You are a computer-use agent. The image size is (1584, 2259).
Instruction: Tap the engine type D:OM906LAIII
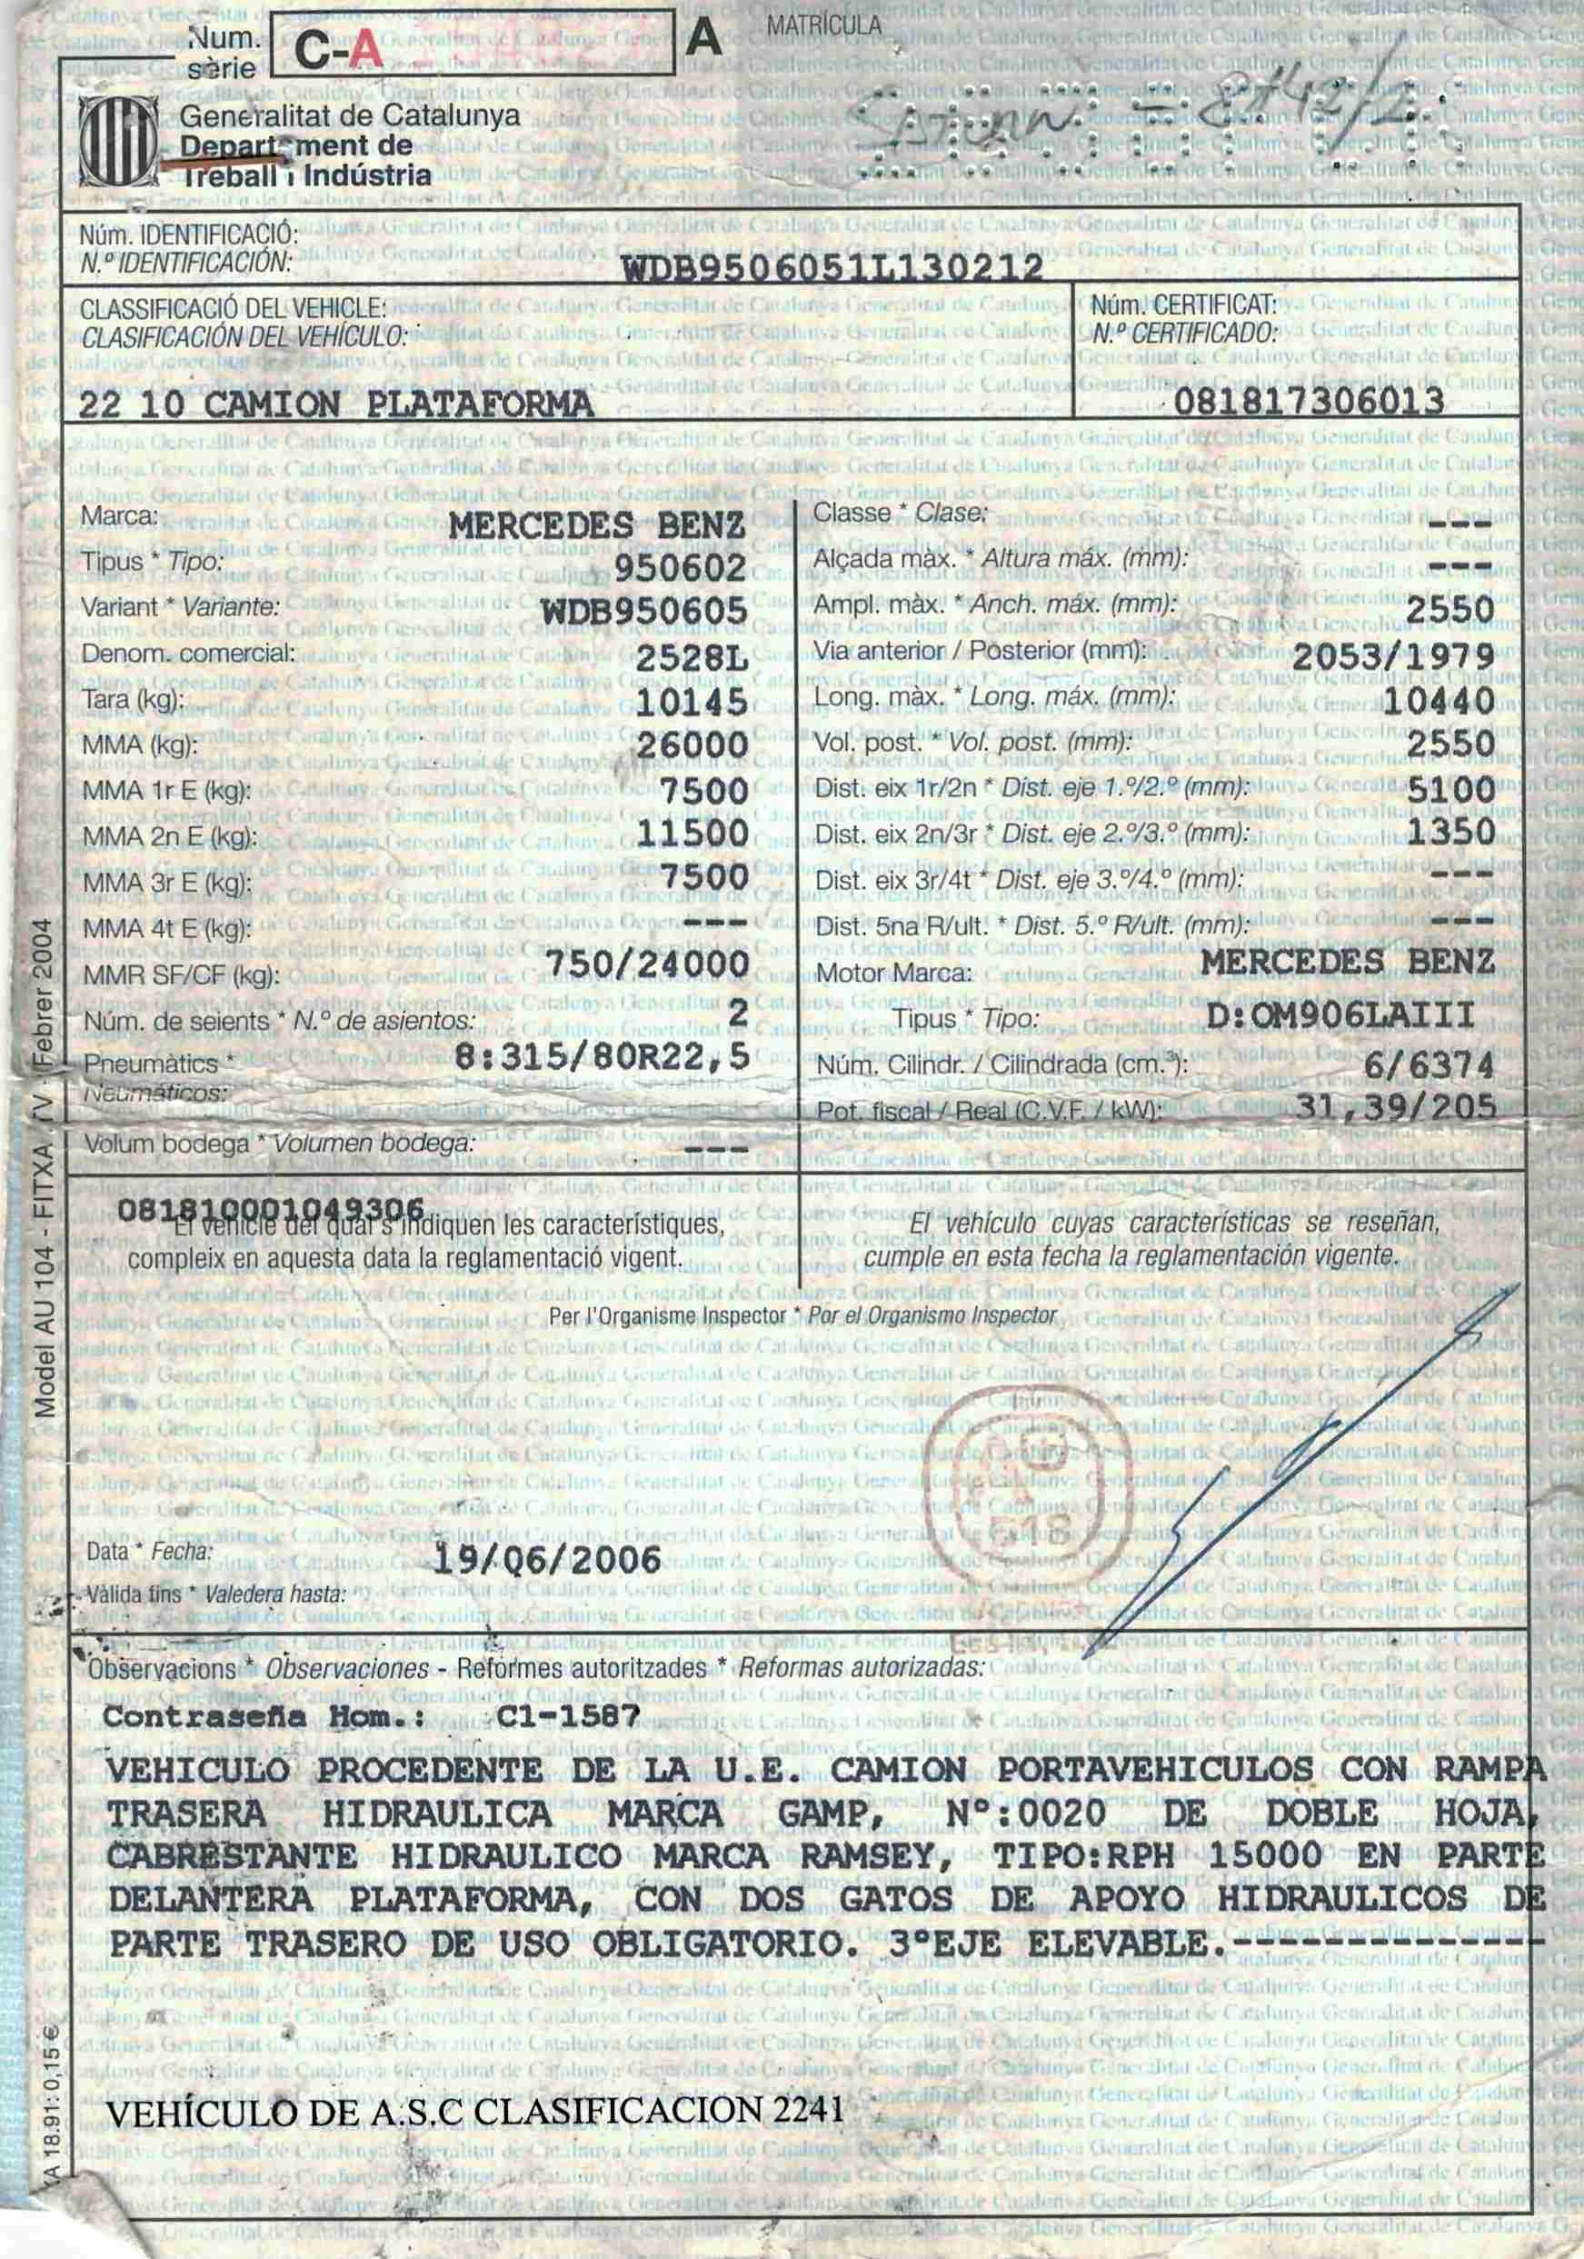coord(1341,1015)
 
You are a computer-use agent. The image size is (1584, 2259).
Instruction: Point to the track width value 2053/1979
coord(1393,655)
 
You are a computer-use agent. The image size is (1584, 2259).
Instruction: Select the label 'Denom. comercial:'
coord(188,654)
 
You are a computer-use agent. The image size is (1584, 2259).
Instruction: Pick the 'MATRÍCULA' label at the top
coord(824,26)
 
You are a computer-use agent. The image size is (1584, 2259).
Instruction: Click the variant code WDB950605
coord(645,611)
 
